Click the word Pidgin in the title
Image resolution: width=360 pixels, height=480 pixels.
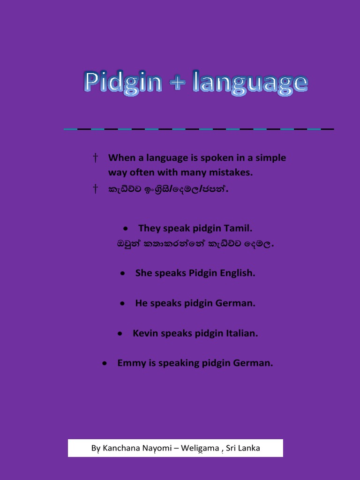[x=123, y=83]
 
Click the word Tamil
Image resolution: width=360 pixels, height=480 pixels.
[x=239, y=228]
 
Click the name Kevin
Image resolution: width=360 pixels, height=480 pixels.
[x=145, y=333]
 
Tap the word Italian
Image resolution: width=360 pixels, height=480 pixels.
[x=242, y=333]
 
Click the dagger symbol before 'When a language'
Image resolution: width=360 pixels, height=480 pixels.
[x=95, y=157]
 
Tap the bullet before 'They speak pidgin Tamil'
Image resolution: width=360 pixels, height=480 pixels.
[x=126, y=229]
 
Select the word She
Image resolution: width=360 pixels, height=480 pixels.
[x=143, y=273]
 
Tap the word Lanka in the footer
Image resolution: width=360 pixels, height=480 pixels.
[x=249, y=448]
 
